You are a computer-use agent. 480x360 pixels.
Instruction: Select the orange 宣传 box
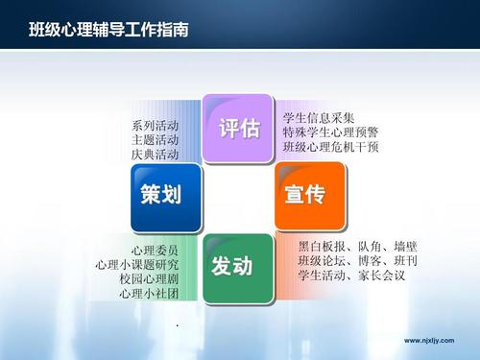point(304,194)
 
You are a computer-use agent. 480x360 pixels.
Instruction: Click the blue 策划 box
point(165,194)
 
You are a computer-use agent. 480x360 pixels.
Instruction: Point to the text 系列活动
point(155,126)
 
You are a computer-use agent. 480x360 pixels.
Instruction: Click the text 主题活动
point(155,139)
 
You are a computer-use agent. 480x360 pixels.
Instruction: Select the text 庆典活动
point(155,154)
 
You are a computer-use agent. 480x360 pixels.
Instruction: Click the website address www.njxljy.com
point(431,340)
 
